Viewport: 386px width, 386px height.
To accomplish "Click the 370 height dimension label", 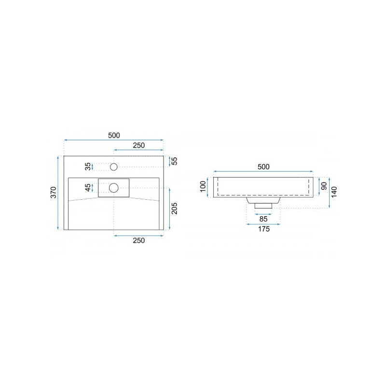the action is point(54,192).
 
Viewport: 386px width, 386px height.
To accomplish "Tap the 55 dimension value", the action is point(174,161).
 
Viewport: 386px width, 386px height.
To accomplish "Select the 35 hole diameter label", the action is point(88,166).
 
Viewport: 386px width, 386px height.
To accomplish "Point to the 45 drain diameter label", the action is point(88,188).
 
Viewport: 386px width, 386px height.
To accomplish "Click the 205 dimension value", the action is point(174,208).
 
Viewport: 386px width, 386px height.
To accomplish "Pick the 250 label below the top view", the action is point(139,240).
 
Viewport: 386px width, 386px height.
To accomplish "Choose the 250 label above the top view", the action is point(139,145).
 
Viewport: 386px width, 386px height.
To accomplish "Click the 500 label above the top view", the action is point(114,135).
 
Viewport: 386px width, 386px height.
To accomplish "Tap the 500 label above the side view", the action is point(263,166).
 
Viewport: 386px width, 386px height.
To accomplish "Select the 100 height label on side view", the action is point(203,186).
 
